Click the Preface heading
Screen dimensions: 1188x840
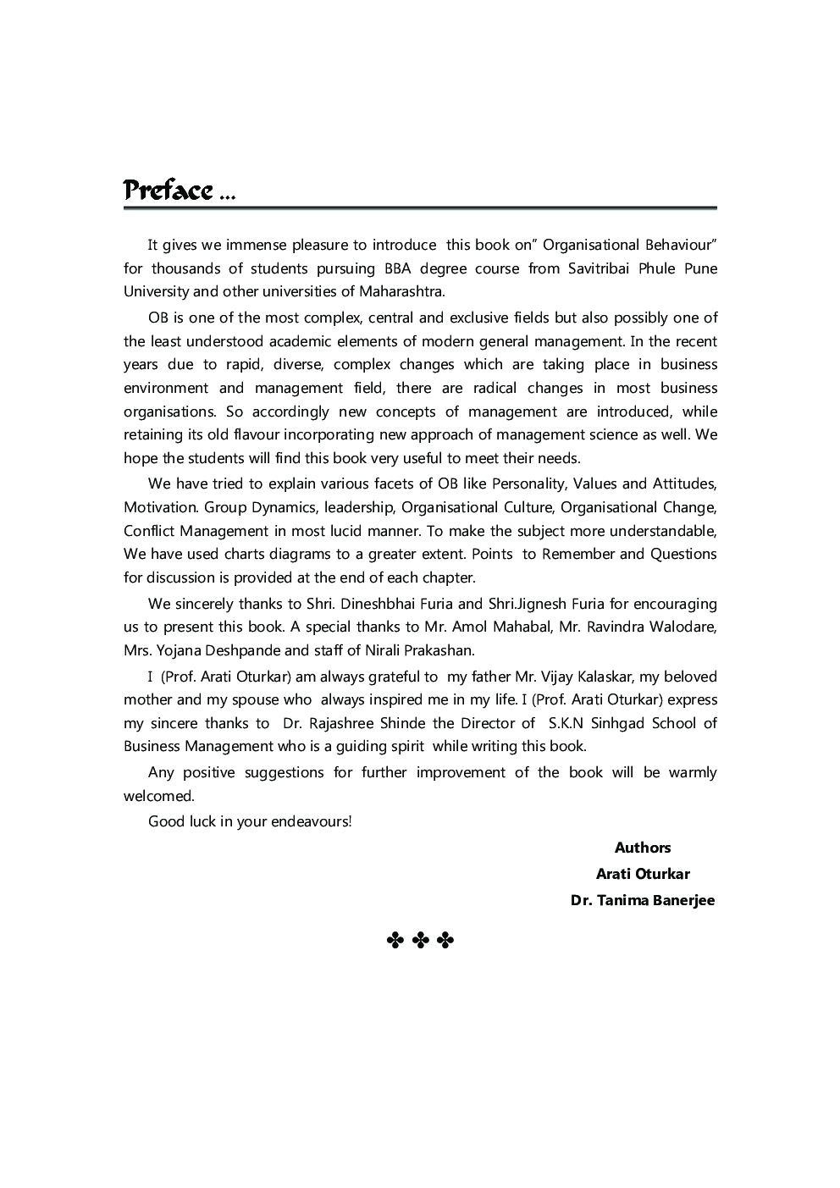tap(168, 191)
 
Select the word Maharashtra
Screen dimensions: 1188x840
tap(400, 292)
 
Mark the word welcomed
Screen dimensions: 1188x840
tap(158, 796)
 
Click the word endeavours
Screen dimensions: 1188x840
tap(309, 821)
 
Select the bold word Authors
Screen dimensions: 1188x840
tap(642, 848)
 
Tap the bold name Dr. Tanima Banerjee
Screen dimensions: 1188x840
tap(642, 900)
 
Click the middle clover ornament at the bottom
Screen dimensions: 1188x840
tap(420, 940)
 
